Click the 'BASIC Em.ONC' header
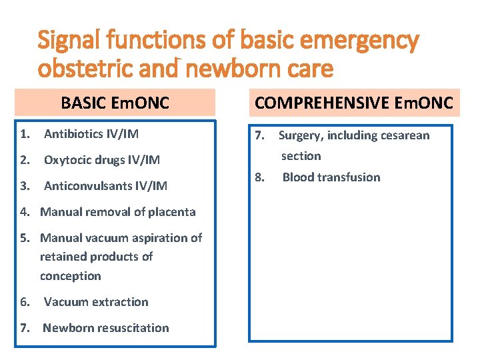tap(115, 103)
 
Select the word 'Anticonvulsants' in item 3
tap(86, 186)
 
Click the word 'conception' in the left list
tap(71, 276)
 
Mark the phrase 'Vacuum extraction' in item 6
tap(96, 302)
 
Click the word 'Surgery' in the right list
tap(301, 136)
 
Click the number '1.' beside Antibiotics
tap(25, 134)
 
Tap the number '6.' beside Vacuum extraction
tap(25, 302)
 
